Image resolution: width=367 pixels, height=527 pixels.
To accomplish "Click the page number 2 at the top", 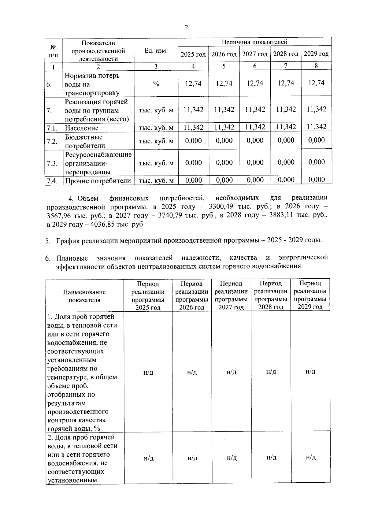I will point(186,28).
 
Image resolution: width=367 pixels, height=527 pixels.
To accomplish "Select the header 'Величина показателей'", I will point(254,42).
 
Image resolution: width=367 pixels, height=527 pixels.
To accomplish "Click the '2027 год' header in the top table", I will point(255,54).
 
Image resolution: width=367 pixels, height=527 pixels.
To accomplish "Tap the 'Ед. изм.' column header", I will point(156,51).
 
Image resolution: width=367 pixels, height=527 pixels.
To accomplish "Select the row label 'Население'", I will point(82,128).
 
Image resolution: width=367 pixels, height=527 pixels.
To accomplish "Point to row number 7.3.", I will point(52,163).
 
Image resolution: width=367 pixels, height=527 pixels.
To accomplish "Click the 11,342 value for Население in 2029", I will point(317,127).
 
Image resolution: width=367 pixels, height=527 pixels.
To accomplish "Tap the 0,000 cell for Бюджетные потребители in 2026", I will point(224,141).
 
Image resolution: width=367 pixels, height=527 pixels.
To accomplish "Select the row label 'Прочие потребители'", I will point(98,181).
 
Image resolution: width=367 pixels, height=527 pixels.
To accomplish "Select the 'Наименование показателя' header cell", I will point(84,296).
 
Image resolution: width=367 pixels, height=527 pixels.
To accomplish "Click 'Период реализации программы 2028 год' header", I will point(271,295).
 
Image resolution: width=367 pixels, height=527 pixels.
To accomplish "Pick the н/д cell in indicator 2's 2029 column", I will point(310,457).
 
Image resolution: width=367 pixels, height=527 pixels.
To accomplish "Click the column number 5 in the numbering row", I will point(224,66).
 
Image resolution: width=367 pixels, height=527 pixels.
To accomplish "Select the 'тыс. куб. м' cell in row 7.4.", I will point(156,181).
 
